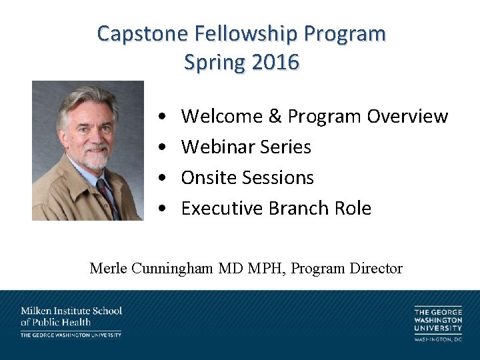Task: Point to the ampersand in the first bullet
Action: pyautogui.click(x=275, y=116)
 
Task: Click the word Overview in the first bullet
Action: pyautogui.click(x=407, y=116)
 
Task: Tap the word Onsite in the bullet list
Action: pyautogui.click(x=209, y=177)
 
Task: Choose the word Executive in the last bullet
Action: pyautogui.click(x=223, y=208)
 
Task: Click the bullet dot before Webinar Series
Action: pyautogui.click(x=163, y=147)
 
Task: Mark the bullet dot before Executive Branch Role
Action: pyautogui.click(x=163, y=209)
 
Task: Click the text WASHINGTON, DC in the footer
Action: pyautogui.click(x=438, y=339)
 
